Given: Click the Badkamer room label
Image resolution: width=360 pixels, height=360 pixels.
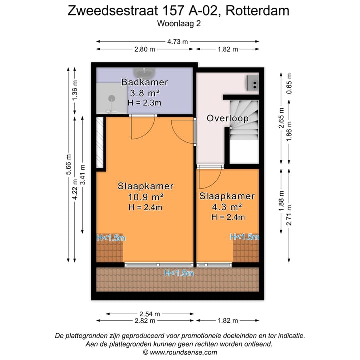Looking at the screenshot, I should (x=144, y=82).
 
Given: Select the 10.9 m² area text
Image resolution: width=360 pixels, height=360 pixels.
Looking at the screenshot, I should (x=145, y=197).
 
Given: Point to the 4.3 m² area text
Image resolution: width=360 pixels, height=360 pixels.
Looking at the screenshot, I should (x=227, y=207).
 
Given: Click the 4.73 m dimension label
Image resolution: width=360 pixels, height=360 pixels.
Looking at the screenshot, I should (x=177, y=42).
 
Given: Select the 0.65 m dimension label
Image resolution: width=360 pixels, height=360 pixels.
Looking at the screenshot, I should (x=289, y=82).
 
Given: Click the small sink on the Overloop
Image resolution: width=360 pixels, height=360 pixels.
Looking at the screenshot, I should (x=252, y=82).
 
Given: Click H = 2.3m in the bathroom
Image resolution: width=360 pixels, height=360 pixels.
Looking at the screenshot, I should (x=144, y=103).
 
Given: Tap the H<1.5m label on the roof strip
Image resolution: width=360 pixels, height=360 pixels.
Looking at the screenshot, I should (x=179, y=273).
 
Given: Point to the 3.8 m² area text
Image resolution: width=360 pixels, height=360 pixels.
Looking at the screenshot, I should (x=144, y=93).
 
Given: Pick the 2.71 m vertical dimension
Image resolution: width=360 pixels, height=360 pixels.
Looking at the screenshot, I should (x=289, y=215).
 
